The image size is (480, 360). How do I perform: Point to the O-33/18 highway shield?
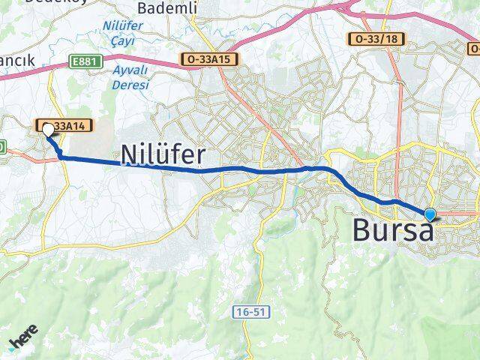coord(373,39)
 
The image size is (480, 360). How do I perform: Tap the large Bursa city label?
coord(393,230)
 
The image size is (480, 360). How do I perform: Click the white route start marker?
coord(48,130)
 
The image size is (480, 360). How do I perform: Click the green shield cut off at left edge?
coord(2,145)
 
